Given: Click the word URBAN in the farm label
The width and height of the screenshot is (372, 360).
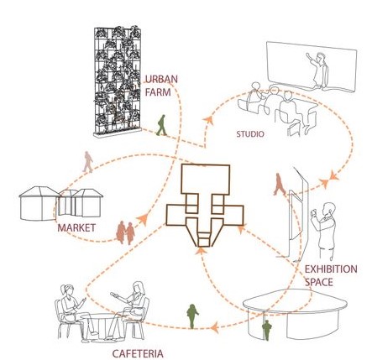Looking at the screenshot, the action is [x=162, y=79].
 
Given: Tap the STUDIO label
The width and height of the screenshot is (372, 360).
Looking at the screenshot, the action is [x=250, y=134].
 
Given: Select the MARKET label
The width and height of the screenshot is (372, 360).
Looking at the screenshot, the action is [x=76, y=227].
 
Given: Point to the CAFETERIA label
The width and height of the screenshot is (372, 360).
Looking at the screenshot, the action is [x=138, y=353].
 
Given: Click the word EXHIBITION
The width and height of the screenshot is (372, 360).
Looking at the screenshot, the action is [x=331, y=269].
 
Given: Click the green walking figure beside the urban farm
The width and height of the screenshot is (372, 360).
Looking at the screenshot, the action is [x=161, y=125].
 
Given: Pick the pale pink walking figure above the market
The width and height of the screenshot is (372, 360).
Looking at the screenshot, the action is [x=88, y=162].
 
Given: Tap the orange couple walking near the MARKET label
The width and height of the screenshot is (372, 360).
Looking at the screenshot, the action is [x=126, y=232].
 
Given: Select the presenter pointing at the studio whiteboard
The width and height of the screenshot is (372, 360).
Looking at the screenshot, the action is [x=317, y=70].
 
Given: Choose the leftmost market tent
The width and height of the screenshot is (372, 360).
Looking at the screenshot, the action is [x=39, y=203].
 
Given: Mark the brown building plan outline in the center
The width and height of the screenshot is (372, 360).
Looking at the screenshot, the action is [x=205, y=206].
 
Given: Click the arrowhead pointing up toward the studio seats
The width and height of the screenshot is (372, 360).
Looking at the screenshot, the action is [x=208, y=120].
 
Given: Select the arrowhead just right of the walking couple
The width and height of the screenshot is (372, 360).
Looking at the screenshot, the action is [x=143, y=219].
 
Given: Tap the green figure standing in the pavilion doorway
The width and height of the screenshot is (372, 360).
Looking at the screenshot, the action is [x=267, y=331].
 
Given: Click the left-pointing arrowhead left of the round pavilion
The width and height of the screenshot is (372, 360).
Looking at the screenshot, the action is [x=215, y=327].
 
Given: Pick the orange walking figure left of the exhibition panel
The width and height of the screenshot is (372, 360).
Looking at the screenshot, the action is [x=279, y=184].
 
